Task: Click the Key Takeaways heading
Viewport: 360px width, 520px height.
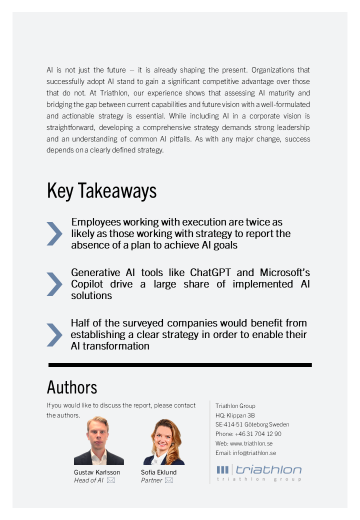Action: [101, 191]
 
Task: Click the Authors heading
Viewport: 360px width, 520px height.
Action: [72, 387]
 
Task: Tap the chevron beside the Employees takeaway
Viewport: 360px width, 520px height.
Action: [54, 233]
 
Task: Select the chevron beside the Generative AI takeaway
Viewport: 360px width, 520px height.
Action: [54, 284]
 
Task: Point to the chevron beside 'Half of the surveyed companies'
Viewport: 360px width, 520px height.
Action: [54, 334]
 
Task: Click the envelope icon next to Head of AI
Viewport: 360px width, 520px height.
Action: [110, 480]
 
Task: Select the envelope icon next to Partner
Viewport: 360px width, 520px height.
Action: [169, 480]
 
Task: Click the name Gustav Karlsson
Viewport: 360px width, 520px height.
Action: [97, 472]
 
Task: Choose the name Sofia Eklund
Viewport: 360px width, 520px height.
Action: [158, 472]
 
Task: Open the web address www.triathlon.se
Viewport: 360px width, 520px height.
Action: [251, 443]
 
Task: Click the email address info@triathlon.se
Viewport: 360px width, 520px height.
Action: [254, 453]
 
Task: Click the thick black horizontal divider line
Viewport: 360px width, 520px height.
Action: [180, 365]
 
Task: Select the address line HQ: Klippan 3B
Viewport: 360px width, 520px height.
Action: [235, 415]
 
